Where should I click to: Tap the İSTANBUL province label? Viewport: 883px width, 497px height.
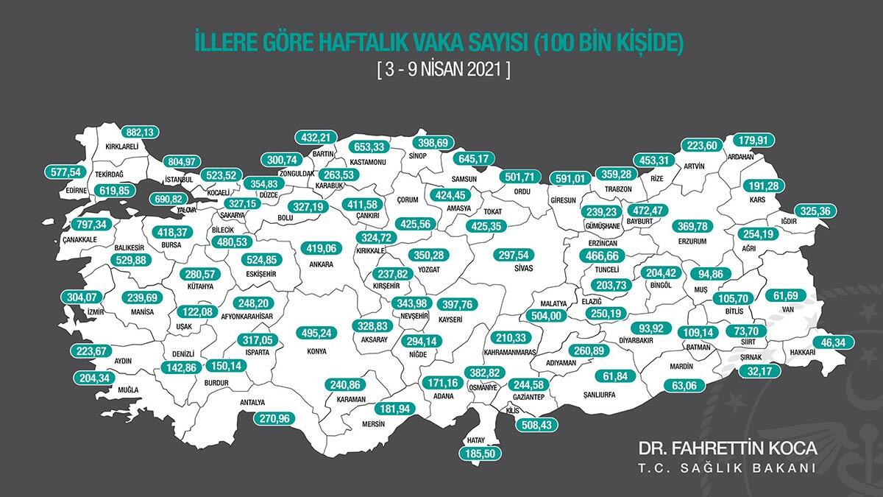[x=178, y=179]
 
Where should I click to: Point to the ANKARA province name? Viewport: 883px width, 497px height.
[x=321, y=264]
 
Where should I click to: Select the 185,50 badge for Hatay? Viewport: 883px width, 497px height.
[x=482, y=454]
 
